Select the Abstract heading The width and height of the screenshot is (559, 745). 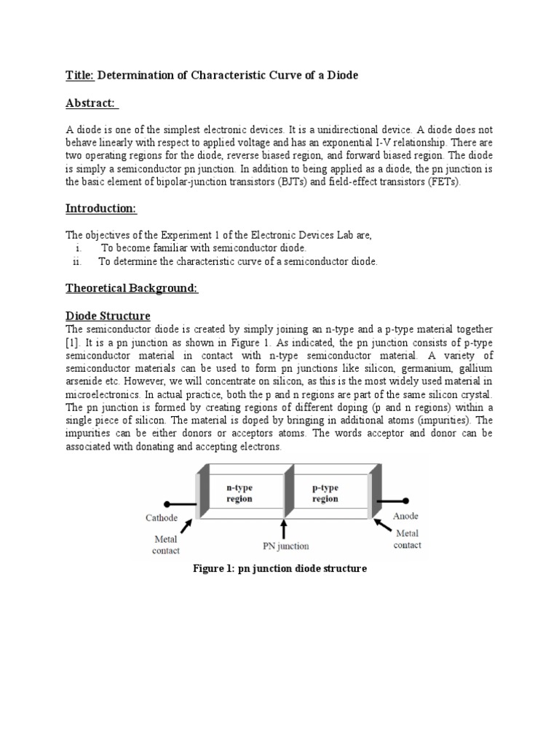[92, 103]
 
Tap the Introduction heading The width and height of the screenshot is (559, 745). [101, 209]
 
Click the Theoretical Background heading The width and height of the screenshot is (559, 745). [132, 289]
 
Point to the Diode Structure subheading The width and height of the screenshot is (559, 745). [108, 316]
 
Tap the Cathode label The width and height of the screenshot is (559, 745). [165, 519]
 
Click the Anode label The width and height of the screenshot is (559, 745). [406, 516]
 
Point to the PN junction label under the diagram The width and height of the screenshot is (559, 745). [285, 546]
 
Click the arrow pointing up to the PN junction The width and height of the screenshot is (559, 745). [284, 527]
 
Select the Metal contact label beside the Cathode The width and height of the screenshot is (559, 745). [165, 545]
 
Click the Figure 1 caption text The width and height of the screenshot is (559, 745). [279, 568]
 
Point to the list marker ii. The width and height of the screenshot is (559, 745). [78, 262]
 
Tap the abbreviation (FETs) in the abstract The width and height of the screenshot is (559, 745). [443, 182]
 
